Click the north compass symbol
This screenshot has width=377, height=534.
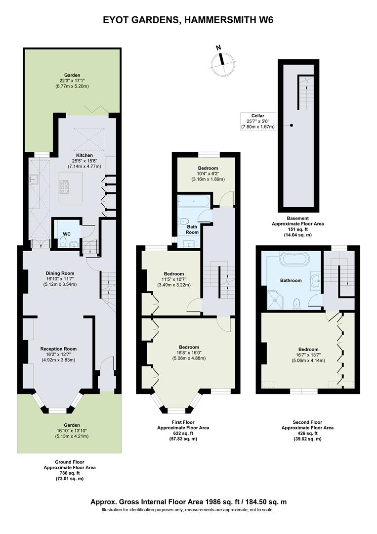point(223,63)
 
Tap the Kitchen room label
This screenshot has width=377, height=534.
point(84,155)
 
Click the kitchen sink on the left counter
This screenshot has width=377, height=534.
point(34,178)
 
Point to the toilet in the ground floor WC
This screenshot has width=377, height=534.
point(63,242)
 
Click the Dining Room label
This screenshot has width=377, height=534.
point(60,273)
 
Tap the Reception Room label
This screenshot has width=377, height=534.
point(58,349)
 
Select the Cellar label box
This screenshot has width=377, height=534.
point(258,121)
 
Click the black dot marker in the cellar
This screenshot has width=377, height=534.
point(291,125)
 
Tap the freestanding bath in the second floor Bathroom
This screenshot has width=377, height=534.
point(294,259)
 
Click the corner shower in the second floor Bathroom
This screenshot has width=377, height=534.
point(274,297)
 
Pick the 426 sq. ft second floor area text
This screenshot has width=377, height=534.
point(307,434)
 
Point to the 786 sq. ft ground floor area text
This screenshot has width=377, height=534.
point(69,473)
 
